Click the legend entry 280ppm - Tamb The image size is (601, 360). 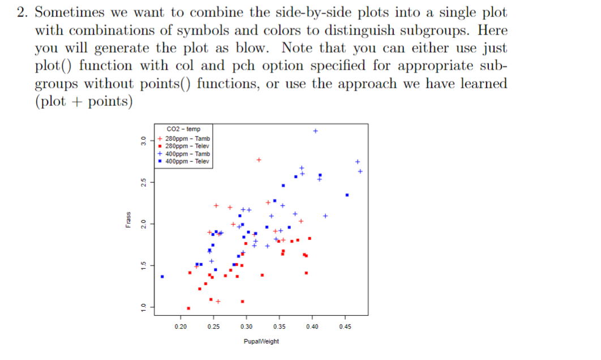(x=187, y=139)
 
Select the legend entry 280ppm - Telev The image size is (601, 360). (x=187, y=146)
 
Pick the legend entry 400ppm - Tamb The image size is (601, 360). (x=187, y=154)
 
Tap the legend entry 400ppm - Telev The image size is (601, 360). (x=187, y=161)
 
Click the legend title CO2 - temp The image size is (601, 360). (x=183, y=129)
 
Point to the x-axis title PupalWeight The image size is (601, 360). (x=261, y=341)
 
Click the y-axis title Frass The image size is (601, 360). (x=128, y=224)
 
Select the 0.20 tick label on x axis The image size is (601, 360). (x=181, y=327)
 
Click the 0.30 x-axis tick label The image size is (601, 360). (x=246, y=327)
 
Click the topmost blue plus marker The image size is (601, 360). (x=316, y=131)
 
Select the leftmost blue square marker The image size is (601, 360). (x=162, y=277)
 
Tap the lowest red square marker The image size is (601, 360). (x=188, y=308)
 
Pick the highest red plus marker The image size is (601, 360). (x=259, y=160)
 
